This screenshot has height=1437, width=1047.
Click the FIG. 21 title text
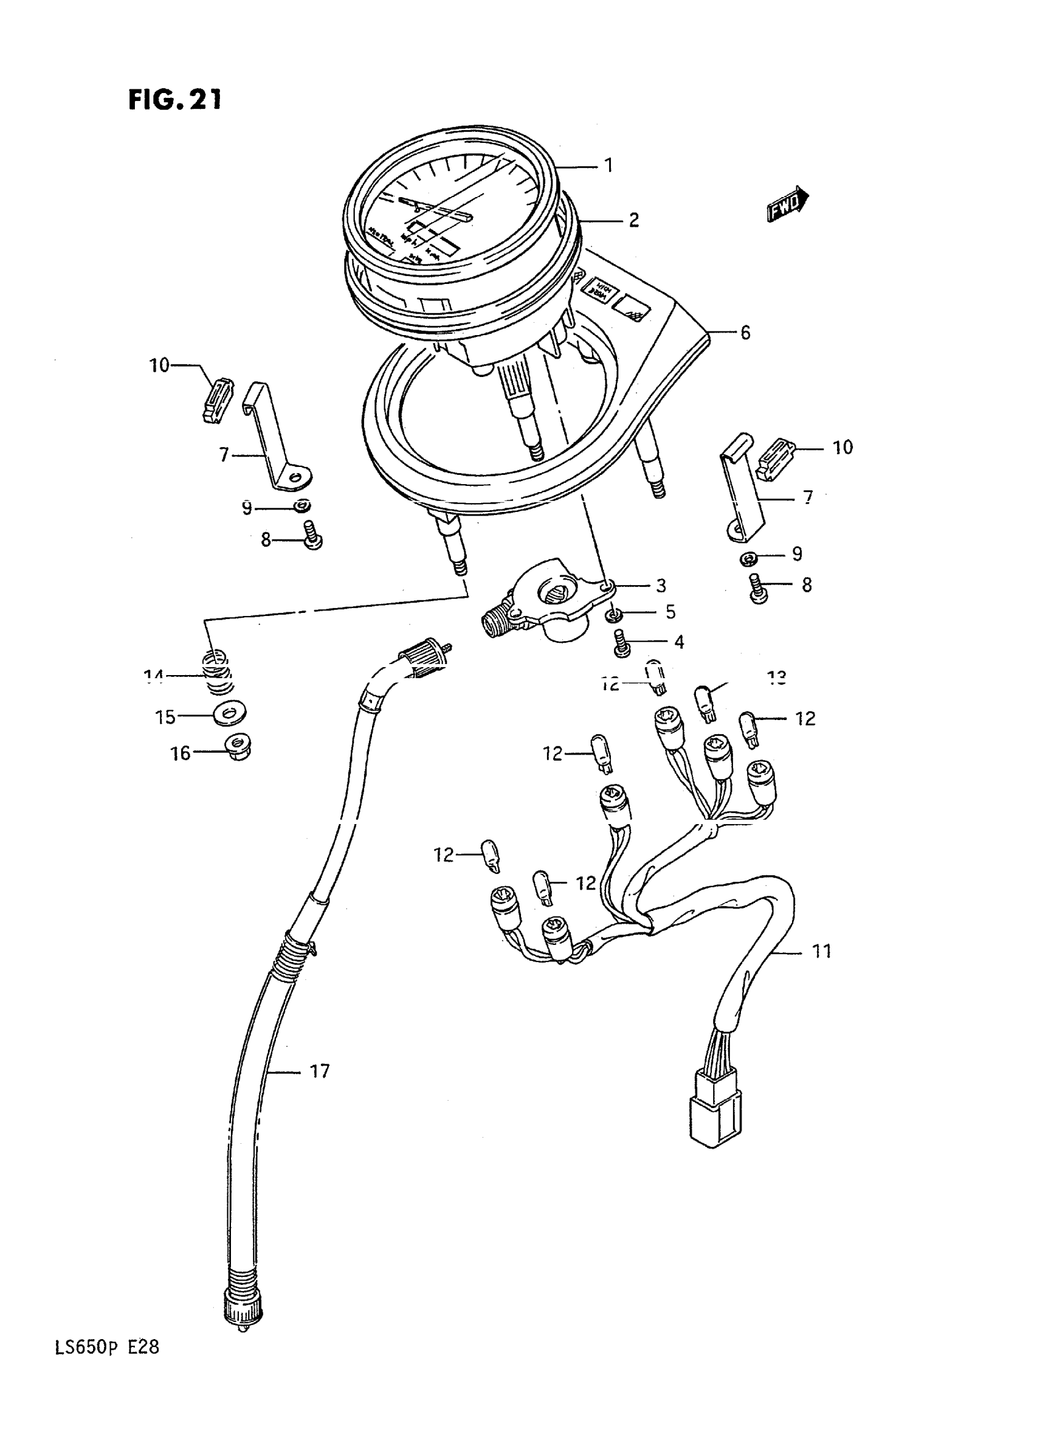point(175,100)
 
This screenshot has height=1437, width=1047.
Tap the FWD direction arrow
point(788,204)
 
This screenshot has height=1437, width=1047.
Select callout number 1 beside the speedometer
point(608,166)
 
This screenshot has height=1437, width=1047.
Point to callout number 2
point(633,221)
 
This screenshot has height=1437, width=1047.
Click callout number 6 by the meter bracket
point(745,332)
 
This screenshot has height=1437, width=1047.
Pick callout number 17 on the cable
point(320,1071)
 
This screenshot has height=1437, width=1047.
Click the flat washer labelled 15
point(231,714)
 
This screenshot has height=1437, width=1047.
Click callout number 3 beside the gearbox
point(661,586)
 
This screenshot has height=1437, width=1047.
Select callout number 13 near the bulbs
point(777,678)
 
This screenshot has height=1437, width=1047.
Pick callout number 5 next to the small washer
point(670,612)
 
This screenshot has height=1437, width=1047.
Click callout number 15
point(166,717)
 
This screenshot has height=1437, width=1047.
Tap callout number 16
point(180,753)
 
